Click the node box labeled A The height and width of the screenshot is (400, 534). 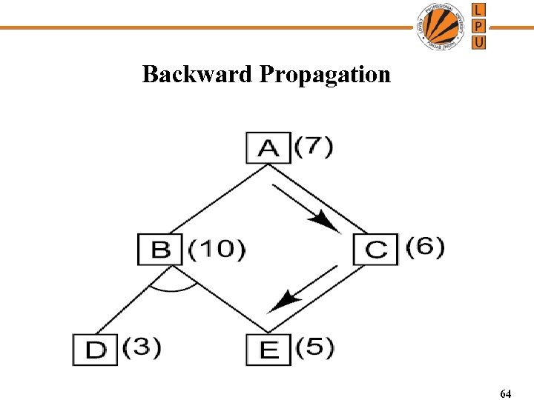(x=268, y=147)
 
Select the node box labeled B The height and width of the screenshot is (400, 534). (x=160, y=248)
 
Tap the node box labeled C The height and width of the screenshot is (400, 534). (x=375, y=248)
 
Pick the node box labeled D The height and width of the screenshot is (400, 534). (x=95, y=350)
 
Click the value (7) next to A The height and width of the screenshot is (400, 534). (x=314, y=146)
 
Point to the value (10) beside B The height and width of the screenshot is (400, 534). (x=217, y=248)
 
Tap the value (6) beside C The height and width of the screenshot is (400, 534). (x=425, y=247)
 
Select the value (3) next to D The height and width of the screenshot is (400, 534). (x=142, y=347)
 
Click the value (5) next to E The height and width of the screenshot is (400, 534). (x=314, y=347)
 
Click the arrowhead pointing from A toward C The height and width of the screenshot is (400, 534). (x=324, y=220)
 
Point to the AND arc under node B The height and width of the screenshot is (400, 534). (x=174, y=287)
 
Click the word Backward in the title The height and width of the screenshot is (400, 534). (x=197, y=74)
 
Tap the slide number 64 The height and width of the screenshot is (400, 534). (x=505, y=393)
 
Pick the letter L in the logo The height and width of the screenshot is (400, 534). (x=479, y=10)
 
